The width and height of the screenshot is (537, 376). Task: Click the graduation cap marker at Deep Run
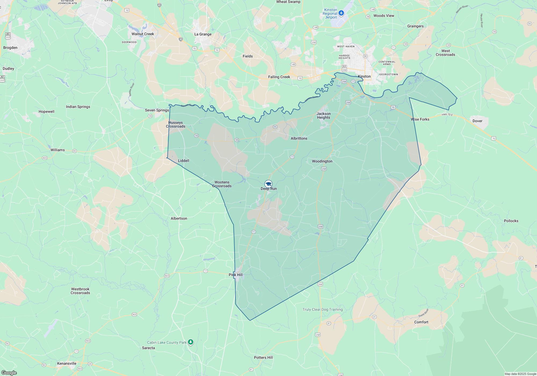click(268, 184)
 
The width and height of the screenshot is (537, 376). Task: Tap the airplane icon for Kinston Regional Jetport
click(341, 13)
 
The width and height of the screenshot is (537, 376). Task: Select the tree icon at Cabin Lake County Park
click(191, 342)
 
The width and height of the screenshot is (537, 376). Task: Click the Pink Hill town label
click(235, 275)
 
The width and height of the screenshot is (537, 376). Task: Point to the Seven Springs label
click(157, 110)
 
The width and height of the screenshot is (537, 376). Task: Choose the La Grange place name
click(203, 34)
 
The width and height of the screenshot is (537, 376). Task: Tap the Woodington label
click(322, 161)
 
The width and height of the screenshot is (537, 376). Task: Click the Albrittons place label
click(299, 138)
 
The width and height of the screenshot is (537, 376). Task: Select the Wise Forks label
click(420, 119)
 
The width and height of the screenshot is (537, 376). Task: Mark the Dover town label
click(477, 121)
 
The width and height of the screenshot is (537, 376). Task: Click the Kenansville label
click(67, 363)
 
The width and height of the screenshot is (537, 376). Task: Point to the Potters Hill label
click(263, 357)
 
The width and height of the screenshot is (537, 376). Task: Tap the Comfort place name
click(421, 322)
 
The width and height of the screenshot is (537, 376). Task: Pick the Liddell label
click(183, 161)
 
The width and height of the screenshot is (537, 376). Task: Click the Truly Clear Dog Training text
click(322, 309)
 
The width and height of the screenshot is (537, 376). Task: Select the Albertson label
click(179, 218)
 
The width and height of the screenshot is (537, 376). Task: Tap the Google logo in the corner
click(9, 373)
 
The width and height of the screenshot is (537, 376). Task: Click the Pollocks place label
click(511, 221)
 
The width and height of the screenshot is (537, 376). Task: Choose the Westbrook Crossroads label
click(80, 291)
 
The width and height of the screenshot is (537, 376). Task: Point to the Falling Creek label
click(279, 77)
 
